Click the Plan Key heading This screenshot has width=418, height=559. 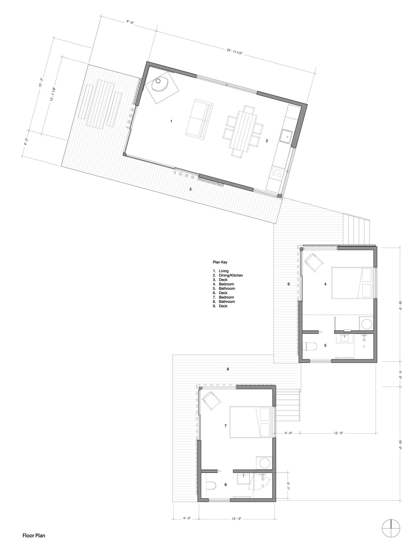(220, 262)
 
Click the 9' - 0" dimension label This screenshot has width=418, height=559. (130, 22)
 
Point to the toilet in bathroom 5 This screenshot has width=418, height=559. (310, 347)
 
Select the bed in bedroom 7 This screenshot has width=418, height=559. (251, 426)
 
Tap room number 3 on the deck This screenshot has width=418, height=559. (190, 189)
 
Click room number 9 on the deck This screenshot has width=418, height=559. (228, 369)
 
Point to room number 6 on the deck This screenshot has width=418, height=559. (289, 284)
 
